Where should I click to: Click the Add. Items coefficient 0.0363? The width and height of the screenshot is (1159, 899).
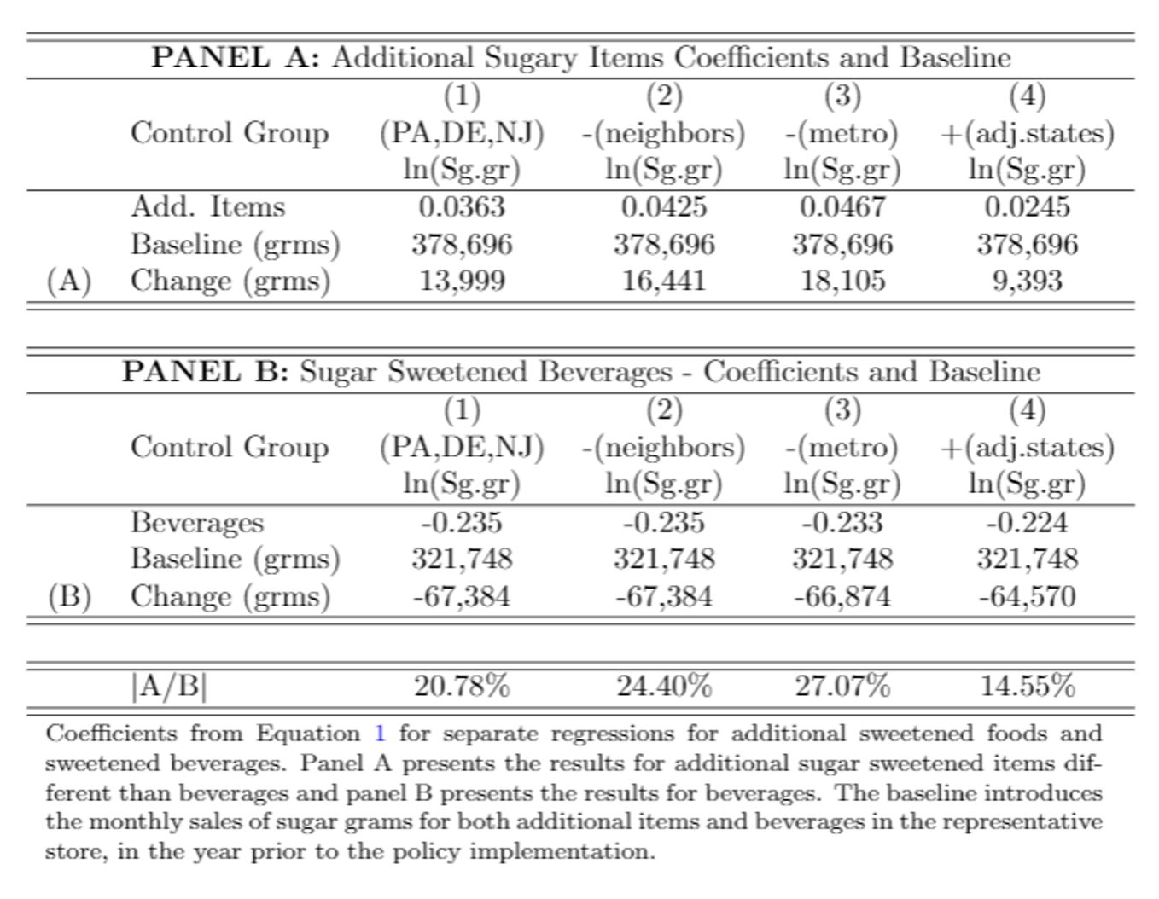tap(462, 206)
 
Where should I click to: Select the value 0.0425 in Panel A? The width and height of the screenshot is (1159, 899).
tap(663, 206)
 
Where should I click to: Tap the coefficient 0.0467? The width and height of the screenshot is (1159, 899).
tap(842, 206)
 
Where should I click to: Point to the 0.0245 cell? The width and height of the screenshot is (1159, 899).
tap(1027, 206)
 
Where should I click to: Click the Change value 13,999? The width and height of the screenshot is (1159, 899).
tap(462, 281)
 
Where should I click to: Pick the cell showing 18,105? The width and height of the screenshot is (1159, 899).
tap(842, 281)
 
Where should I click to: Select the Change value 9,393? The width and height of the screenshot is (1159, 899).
tap(1027, 281)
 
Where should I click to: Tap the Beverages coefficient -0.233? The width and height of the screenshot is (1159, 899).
tap(842, 521)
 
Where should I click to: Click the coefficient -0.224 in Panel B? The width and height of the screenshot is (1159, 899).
tap(1027, 521)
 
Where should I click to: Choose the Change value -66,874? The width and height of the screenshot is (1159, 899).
tap(842, 595)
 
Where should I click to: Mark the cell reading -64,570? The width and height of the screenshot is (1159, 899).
tap(1027, 595)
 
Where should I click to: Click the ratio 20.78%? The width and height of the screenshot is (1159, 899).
tap(462, 685)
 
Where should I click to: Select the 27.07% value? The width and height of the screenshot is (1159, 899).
tap(842, 685)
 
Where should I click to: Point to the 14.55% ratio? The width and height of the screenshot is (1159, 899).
tap(1027, 685)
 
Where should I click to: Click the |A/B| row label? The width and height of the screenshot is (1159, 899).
tap(169, 686)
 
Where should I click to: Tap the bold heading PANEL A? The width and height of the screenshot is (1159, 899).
tap(236, 57)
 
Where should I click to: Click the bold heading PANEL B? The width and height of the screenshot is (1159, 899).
tap(206, 371)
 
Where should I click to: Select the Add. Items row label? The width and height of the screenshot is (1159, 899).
tap(207, 206)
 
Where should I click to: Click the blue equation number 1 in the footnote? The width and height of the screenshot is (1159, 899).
tap(381, 734)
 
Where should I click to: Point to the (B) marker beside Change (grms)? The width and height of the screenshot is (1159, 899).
tap(69, 595)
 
